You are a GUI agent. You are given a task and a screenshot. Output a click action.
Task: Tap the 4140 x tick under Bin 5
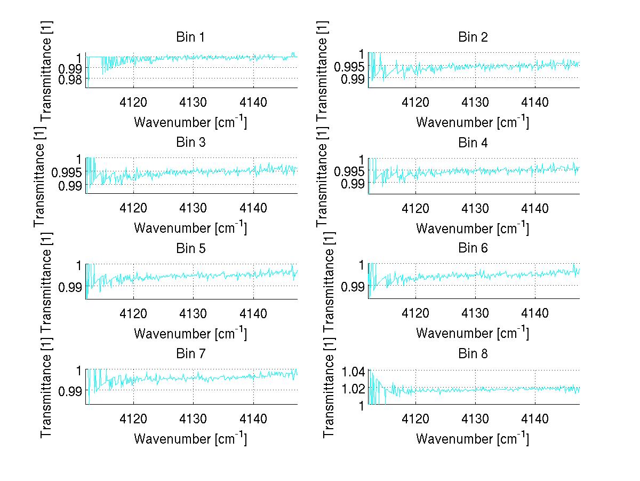tap(253, 313)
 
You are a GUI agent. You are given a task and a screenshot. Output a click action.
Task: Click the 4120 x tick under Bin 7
tap(133, 418)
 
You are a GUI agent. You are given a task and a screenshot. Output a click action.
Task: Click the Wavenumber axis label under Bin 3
tap(190, 227)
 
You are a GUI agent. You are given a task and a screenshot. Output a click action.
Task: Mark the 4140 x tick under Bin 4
tap(535, 207)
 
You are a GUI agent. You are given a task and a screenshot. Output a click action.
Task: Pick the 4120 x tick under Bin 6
tap(415, 313)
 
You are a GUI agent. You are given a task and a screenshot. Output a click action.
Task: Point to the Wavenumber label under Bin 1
tap(190, 122)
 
